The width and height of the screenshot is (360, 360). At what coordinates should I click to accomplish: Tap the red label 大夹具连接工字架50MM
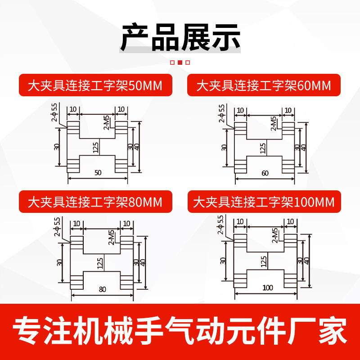pyautogui.click(x=94, y=85)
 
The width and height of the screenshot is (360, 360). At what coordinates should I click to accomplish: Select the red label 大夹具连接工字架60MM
pyautogui.click(x=264, y=85)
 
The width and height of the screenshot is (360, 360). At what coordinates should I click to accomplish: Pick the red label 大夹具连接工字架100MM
pyautogui.click(x=264, y=202)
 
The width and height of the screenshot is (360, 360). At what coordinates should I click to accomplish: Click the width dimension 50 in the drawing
pyautogui.click(x=98, y=172)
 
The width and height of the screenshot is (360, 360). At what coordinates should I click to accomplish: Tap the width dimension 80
pyautogui.click(x=102, y=289)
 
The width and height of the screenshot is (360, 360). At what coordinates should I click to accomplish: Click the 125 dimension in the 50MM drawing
pyautogui.click(x=95, y=147)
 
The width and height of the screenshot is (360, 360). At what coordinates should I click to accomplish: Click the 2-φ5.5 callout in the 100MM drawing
pyautogui.click(x=220, y=225)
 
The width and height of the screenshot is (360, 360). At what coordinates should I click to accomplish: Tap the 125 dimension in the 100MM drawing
pyautogui.click(x=263, y=261)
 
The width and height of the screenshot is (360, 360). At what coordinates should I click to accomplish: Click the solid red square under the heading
pyautogui.click(x=180, y=63)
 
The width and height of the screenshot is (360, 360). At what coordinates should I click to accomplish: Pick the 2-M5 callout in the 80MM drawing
pyautogui.click(x=111, y=237)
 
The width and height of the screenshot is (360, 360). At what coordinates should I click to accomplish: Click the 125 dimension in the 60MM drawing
pyautogui.click(x=262, y=148)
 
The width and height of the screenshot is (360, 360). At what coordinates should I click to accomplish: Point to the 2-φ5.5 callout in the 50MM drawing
pyautogui.click(x=54, y=112)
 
